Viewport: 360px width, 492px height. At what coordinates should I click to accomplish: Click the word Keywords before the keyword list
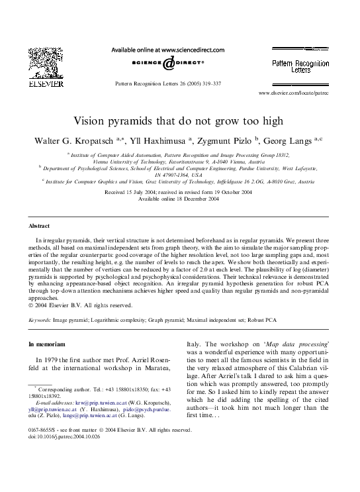click(x=40, y=319)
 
